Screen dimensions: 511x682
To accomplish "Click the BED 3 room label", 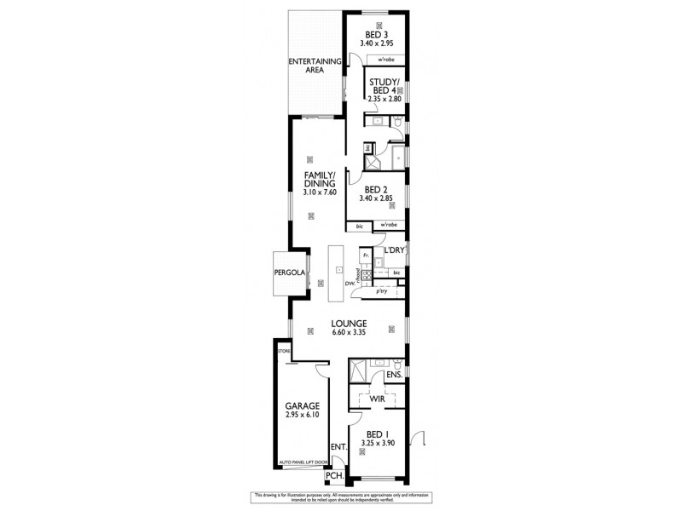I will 376,33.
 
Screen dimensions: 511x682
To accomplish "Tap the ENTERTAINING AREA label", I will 315,66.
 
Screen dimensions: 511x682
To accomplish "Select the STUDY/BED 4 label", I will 384,87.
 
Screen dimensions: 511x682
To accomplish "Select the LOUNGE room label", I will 350,323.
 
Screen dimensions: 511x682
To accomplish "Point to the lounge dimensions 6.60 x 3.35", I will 350,332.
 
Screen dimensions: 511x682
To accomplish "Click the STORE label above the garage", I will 283,348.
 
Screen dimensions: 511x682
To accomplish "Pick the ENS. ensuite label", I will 394,374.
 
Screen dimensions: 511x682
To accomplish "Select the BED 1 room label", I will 375,433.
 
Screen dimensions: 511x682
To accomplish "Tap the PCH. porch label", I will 344,475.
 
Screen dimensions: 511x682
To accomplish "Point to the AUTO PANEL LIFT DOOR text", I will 303,462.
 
